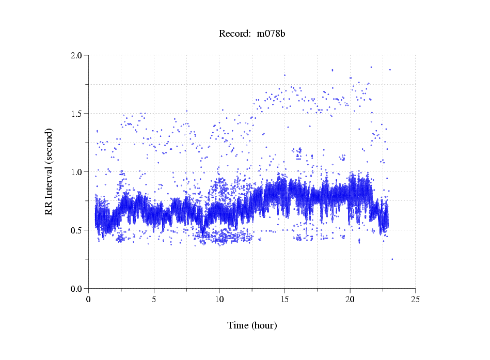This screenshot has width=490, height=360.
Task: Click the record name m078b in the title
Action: [271, 34]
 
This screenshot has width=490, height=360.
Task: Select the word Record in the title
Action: [232, 34]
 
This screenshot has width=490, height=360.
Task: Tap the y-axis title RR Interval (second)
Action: [49, 171]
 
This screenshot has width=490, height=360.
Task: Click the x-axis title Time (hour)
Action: [252, 325]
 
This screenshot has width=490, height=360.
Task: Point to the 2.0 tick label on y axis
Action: [77, 55]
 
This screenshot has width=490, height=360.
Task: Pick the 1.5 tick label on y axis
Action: [77, 114]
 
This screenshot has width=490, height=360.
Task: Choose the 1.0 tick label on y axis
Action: [77, 172]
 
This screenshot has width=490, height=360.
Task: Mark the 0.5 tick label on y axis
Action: [77, 230]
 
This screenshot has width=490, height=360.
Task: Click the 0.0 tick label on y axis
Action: [77, 289]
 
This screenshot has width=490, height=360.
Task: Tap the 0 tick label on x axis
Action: [89, 299]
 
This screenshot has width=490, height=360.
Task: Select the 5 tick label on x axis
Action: [154, 299]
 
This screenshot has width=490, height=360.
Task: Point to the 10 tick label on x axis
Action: [219, 299]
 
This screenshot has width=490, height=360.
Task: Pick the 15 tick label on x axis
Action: [284, 299]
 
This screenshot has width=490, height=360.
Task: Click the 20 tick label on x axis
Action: [350, 299]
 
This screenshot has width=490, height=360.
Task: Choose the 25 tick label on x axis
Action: [415, 299]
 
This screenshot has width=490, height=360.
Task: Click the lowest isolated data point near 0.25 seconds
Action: [392, 259]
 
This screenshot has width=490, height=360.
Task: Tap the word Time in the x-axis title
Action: [238, 325]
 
